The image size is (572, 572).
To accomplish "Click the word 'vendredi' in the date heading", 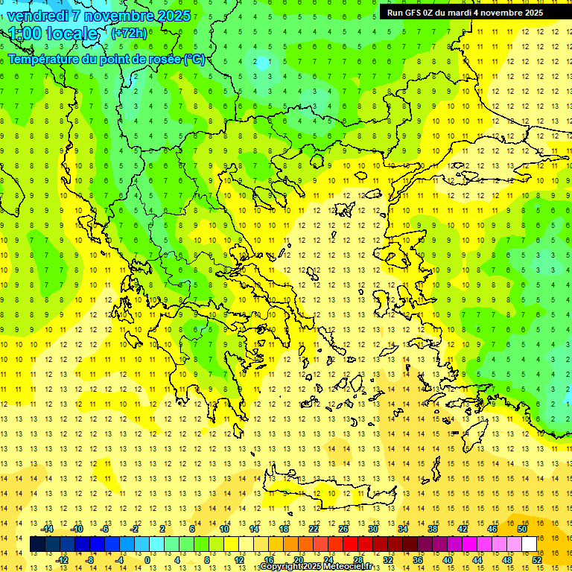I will (x=38, y=15).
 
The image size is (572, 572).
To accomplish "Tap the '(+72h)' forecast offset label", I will (x=129, y=33).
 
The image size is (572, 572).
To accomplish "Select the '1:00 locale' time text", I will (x=53, y=34).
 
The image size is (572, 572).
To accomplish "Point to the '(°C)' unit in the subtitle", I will (x=194, y=59).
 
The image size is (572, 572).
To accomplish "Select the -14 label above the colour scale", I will (x=47, y=529).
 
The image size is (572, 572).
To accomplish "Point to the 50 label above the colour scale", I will (x=522, y=529).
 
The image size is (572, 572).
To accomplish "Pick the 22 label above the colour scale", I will (x=314, y=529).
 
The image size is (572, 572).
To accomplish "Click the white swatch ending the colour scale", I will (x=529, y=544).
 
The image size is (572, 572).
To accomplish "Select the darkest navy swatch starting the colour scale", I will (x=37, y=544).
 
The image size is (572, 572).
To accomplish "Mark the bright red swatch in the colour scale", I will (x=350, y=544).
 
